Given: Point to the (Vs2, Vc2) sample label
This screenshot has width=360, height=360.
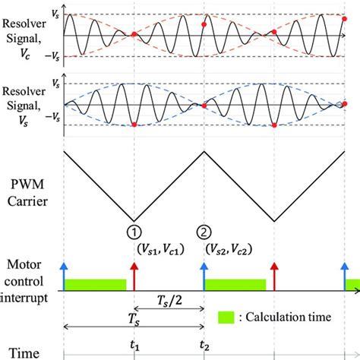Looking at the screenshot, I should click(226, 248).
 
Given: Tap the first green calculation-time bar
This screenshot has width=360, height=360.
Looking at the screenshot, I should click(96, 284).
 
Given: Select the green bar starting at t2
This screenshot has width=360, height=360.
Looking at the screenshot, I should click(235, 284).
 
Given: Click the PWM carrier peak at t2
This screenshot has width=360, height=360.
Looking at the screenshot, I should click(203, 150).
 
